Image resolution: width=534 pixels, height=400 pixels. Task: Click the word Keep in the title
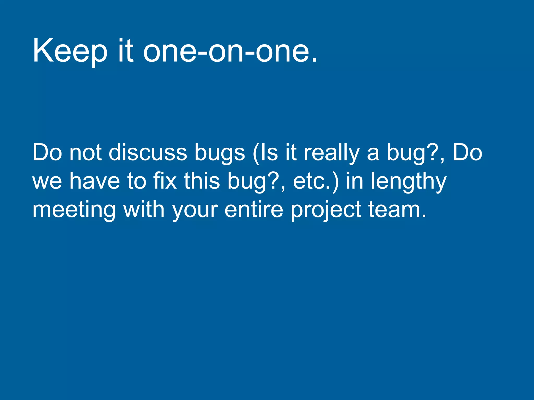70,51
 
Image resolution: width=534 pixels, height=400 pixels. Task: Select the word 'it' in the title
126,51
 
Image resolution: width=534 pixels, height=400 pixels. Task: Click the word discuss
148,153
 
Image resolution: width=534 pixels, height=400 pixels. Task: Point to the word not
85,153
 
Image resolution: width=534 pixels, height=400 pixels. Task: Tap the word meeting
74,210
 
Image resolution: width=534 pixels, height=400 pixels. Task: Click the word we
47,182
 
